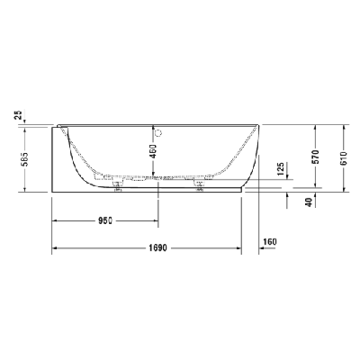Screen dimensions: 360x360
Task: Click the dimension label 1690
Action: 157,248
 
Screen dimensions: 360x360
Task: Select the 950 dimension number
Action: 105,220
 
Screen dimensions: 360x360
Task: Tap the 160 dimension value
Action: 270,241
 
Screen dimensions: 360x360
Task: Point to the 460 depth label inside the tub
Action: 153,151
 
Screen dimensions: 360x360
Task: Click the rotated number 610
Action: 344,157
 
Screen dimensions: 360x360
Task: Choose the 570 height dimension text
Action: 315,157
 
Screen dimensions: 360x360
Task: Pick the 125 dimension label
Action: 281,170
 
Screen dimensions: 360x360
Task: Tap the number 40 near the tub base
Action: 310,202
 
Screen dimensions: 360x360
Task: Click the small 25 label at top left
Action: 19,114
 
